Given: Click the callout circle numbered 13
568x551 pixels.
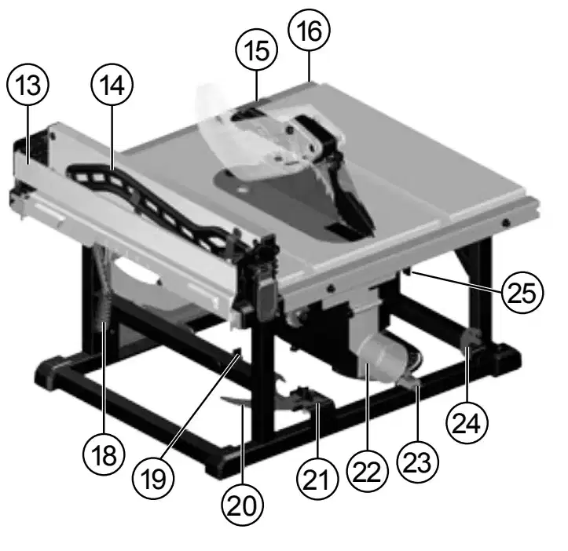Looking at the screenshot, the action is coord(27,85).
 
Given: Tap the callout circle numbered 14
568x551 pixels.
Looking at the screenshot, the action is coord(112,84).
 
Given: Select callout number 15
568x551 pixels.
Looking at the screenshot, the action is coord(256,50).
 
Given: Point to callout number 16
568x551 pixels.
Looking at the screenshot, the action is coord(309,31).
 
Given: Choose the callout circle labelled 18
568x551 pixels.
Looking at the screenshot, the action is coord(104,454).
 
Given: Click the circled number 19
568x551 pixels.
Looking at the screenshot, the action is coord(153,478).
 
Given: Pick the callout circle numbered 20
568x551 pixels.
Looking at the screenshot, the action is coord(242,505).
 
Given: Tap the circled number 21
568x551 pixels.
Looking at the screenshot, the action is coord(317,479).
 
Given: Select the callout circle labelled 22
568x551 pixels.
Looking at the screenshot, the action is coord(368,471).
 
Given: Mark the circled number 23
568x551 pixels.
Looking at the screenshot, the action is coord(418,462).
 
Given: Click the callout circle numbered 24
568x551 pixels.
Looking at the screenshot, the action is coord(467,422).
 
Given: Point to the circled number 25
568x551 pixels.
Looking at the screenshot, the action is coord(522,292).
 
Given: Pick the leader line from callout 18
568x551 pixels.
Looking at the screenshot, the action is coord(104,378).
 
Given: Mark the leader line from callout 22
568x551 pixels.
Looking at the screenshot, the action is coord(368,407).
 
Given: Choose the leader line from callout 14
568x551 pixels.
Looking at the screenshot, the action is coord(112,137).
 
